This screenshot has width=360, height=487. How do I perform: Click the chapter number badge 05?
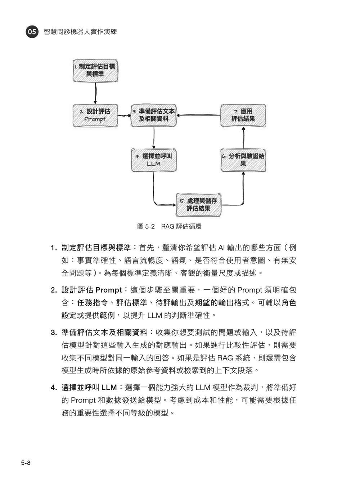point(32,32)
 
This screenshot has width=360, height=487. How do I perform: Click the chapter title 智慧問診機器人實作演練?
point(80,32)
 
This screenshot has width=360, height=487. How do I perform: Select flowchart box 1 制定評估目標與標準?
point(95,71)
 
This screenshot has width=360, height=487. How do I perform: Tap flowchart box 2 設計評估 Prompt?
point(95,116)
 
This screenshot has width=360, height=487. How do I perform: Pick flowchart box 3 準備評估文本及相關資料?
point(154,116)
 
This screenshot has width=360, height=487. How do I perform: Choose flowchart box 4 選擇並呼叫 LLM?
point(154,160)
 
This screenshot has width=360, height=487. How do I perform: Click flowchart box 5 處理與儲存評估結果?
point(198,205)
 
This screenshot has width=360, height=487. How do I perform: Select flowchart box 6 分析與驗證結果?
point(243,160)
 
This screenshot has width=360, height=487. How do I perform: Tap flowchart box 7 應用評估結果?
point(243,116)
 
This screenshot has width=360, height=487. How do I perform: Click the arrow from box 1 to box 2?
point(95,93)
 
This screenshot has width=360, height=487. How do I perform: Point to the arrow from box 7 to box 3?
point(198,114)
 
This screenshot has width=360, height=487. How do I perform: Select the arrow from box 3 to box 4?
point(154,138)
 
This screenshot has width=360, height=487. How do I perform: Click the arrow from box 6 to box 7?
point(243,138)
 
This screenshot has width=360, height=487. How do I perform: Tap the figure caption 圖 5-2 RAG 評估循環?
point(169,226)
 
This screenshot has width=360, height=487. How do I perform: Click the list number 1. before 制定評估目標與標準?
point(54,248)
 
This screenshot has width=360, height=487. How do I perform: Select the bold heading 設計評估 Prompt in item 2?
point(91,290)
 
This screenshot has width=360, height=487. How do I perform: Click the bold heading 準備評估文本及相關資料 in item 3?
point(104,333)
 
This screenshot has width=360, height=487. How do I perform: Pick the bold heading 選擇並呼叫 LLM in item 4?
point(89,387)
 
